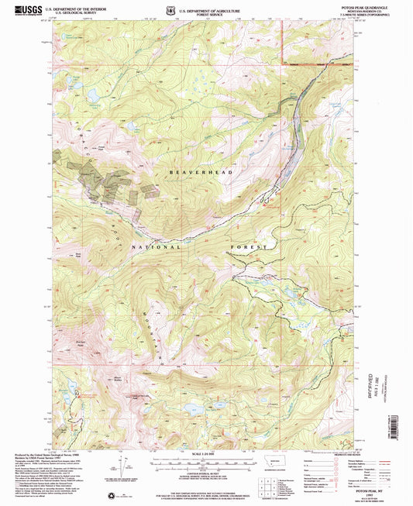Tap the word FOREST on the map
pos(248,247)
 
